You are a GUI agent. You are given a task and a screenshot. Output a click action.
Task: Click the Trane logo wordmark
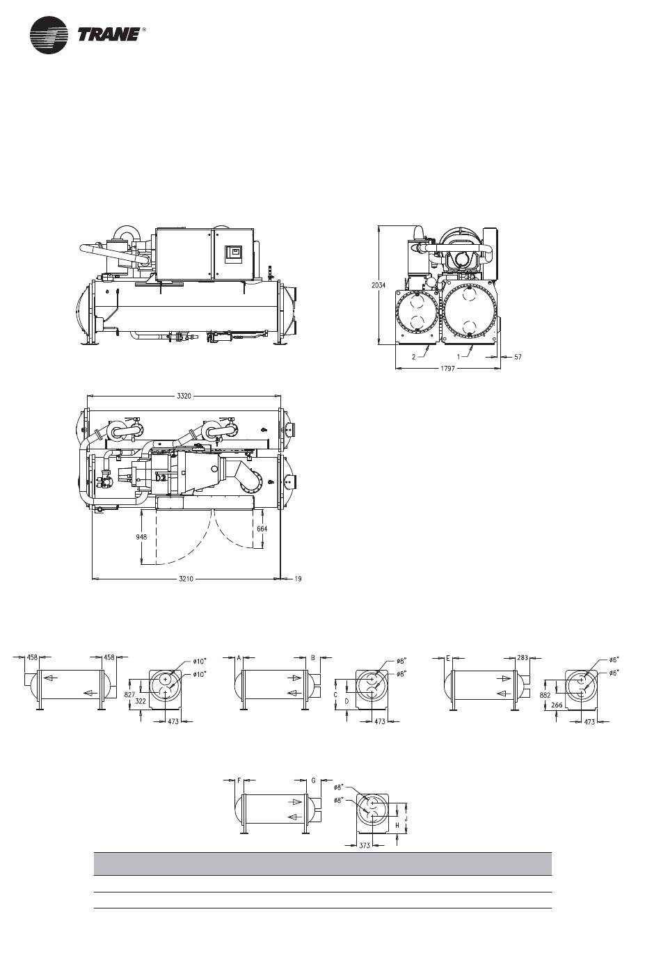click(x=109, y=35)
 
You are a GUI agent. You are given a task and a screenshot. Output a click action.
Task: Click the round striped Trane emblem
click(x=49, y=35)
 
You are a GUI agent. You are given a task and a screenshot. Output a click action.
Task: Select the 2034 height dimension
click(x=379, y=285)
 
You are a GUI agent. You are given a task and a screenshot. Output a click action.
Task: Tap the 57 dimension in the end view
click(x=518, y=357)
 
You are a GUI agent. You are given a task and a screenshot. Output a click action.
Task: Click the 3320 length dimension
click(x=184, y=396)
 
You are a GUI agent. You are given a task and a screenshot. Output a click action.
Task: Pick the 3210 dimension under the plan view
click(x=186, y=579)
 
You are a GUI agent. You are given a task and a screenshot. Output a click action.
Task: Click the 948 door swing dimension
click(x=141, y=537)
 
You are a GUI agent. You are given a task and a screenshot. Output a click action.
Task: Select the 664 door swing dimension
click(x=262, y=529)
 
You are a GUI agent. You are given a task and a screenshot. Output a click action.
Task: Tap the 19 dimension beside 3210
click(x=298, y=579)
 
